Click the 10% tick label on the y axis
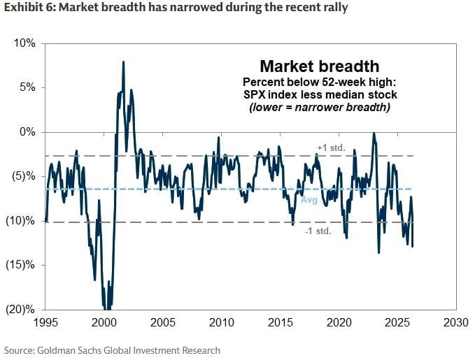[x=24, y=43]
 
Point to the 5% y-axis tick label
[x=27, y=88]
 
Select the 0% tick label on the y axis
[x=27, y=132]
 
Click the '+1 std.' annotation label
[x=326, y=148]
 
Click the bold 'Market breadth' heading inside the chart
[x=319, y=66]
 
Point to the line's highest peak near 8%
[x=124, y=62]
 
